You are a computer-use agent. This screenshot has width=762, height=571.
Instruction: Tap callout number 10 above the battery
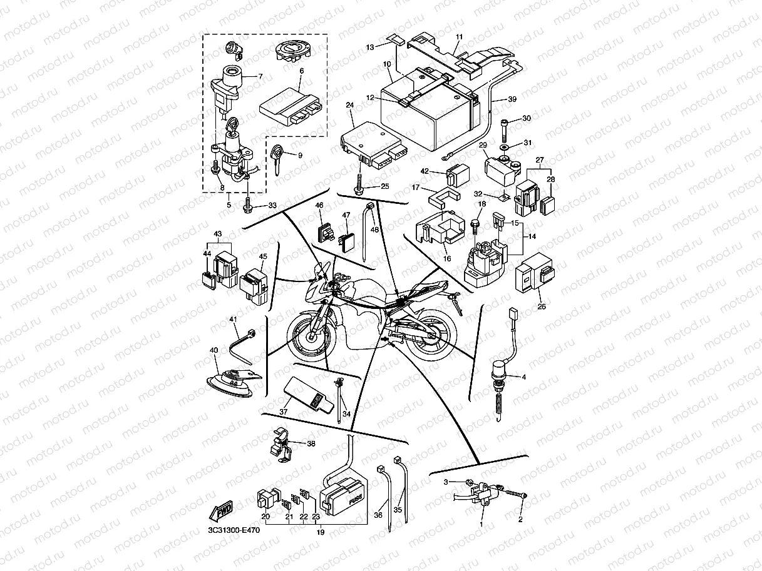point(387,64)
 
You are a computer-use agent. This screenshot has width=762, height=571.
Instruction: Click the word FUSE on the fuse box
point(356,500)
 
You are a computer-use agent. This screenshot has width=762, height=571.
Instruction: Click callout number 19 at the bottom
point(320,532)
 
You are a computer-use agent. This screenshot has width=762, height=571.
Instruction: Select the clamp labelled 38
point(281,445)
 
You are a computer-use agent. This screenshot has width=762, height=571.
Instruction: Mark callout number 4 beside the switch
point(523,376)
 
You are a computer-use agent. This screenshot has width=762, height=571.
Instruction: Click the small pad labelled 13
point(393,39)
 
